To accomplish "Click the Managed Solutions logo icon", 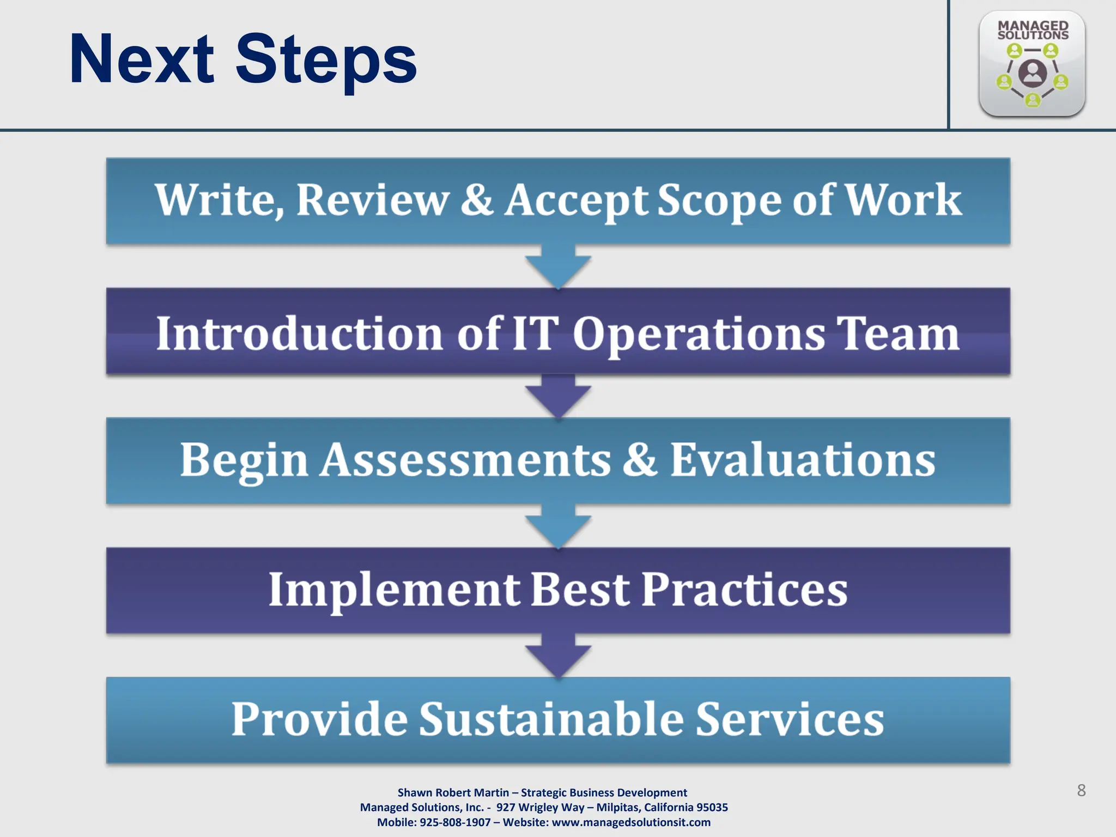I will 1032,64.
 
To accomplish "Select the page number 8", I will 1081,790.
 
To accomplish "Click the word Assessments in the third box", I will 466,460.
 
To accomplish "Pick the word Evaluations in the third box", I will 802,460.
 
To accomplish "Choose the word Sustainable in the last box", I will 551,719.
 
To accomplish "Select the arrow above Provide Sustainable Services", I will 558,656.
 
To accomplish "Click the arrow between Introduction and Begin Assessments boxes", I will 558,396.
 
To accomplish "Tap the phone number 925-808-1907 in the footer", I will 455,822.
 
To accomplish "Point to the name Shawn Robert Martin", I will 453,793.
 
